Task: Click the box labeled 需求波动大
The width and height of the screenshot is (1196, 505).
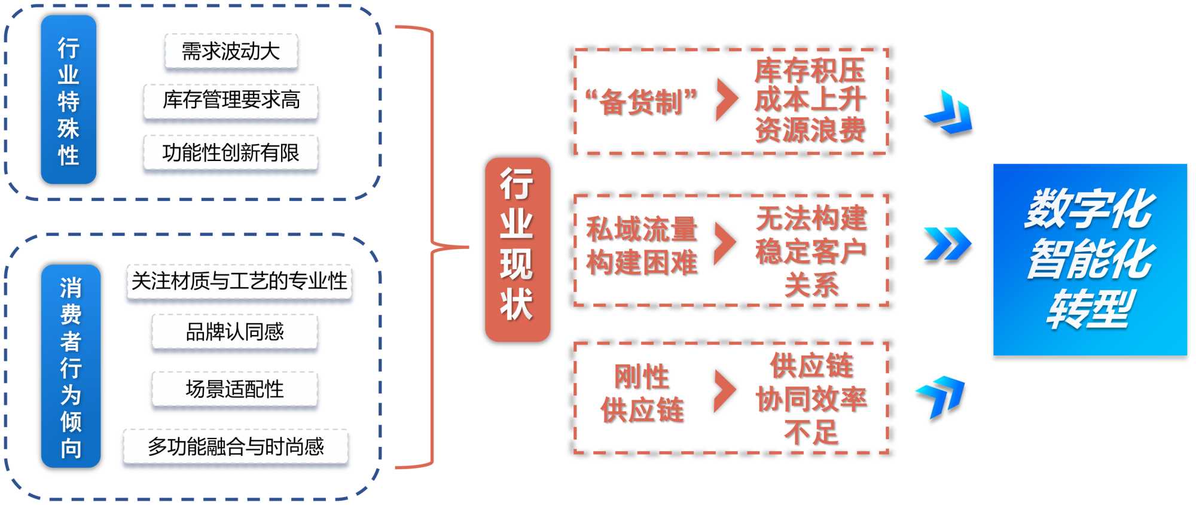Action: (x=231, y=51)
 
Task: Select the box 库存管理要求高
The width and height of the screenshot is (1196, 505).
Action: (x=231, y=100)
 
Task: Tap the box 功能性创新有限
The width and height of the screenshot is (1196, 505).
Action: (x=231, y=153)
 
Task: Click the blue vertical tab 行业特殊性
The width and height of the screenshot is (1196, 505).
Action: (x=68, y=100)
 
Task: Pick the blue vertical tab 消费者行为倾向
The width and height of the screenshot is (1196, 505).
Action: (x=71, y=366)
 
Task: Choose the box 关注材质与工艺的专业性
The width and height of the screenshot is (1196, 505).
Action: (x=239, y=281)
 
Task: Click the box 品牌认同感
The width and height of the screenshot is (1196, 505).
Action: (x=234, y=331)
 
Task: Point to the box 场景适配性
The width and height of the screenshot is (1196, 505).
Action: (x=234, y=389)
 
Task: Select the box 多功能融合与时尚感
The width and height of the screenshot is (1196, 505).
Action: (x=236, y=446)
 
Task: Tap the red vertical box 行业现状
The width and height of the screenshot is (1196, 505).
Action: (x=517, y=249)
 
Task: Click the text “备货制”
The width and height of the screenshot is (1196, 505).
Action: (x=641, y=101)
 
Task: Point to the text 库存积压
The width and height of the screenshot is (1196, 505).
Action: (x=810, y=71)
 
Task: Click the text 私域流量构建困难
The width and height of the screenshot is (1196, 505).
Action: (x=642, y=245)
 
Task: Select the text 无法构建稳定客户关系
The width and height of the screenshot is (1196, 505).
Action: (x=811, y=250)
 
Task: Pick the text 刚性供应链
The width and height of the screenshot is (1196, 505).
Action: (x=642, y=393)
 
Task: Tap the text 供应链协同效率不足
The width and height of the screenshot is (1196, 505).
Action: (x=811, y=398)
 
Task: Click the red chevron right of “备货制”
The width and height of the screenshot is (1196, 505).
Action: (x=726, y=99)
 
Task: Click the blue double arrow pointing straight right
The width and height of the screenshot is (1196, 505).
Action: (x=947, y=244)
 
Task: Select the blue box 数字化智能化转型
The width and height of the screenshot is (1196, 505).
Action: (x=1090, y=260)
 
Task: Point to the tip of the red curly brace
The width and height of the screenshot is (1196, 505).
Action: (x=467, y=247)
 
